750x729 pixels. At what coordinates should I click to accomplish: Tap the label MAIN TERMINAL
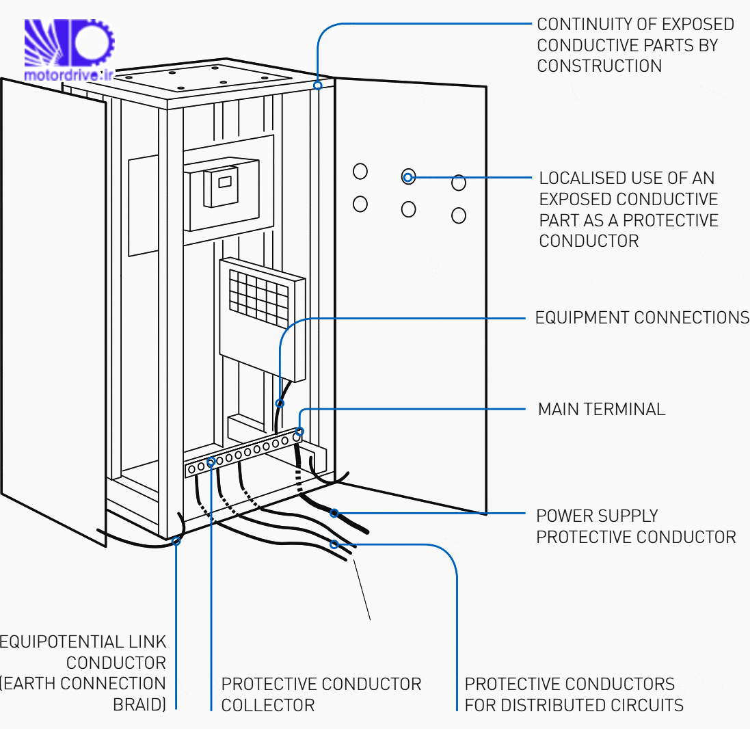point(601,410)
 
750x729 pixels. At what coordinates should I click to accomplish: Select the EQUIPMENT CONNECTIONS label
point(641,318)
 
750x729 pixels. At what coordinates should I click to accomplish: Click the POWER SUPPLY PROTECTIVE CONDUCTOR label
point(635,526)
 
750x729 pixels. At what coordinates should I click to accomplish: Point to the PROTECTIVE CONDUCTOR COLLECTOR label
point(321,694)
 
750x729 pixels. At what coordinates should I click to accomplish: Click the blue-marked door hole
point(408,178)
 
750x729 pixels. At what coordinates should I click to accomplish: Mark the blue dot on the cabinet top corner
point(317,85)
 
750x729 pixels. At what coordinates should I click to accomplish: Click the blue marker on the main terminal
point(298,432)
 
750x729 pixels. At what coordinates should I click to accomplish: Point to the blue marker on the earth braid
point(176,540)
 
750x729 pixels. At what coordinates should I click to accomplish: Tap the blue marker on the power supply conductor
point(334,513)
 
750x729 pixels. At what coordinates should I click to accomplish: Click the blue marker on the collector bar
point(211,462)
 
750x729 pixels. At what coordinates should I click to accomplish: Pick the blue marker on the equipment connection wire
point(278,403)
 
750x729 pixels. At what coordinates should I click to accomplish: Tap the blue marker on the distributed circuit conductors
point(334,544)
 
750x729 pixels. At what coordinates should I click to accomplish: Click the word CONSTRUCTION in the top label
point(599,66)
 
